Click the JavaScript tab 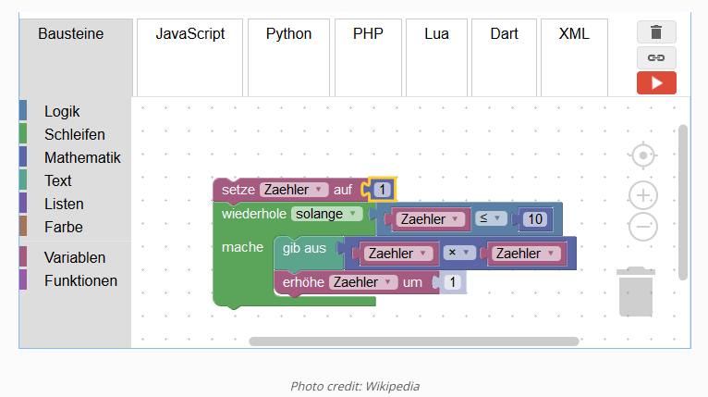pyautogui.click(x=189, y=34)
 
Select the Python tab pyautogui.click(x=288, y=34)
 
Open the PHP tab pyautogui.click(x=368, y=34)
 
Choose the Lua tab pyautogui.click(x=437, y=34)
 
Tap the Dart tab pyautogui.click(x=504, y=34)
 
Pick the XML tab pyautogui.click(x=574, y=34)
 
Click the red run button pyautogui.click(x=656, y=82)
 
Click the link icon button pyautogui.click(x=656, y=57)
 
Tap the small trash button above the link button pyautogui.click(x=656, y=32)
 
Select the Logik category pyautogui.click(x=62, y=112)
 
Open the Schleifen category pyautogui.click(x=74, y=135)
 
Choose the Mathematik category pyautogui.click(x=82, y=158)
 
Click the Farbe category pyautogui.click(x=63, y=227)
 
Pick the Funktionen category pyautogui.click(x=80, y=280)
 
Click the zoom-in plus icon pyautogui.click(x=643, y=195)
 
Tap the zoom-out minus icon pyautogui.click(x=643, y=226)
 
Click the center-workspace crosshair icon pyautogui.click(x=643, y=155)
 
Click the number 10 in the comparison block pyautogui.click(x=534, y=219)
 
